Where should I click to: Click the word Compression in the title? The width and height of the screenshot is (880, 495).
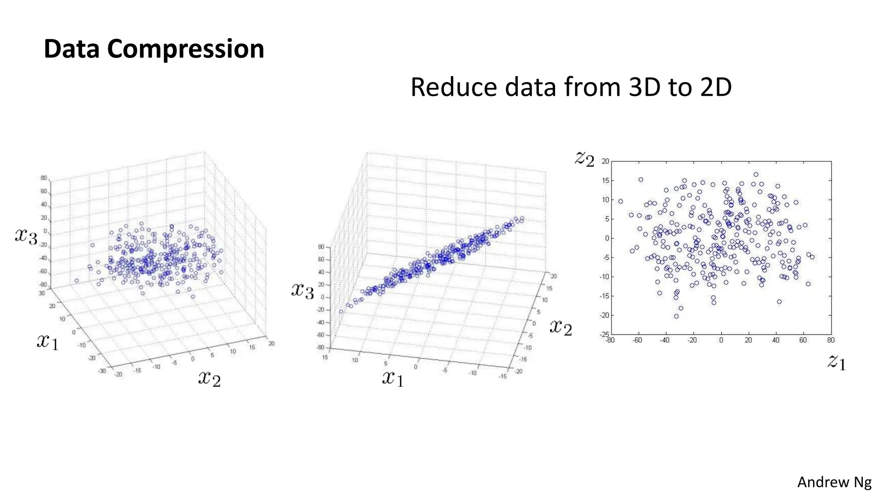[185, 49]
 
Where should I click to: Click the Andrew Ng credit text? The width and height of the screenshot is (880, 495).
[834, 482]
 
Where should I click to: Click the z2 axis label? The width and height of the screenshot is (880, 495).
[584, 159]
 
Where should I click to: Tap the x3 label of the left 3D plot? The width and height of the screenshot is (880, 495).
[26, 235]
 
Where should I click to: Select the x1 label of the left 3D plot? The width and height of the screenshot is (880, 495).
[48, 342]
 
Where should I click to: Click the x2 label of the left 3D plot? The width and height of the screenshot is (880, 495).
[209, 378]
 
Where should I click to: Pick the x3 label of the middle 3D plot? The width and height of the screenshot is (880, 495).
[302, 290]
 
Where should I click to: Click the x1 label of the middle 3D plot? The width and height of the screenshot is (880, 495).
[393, 379]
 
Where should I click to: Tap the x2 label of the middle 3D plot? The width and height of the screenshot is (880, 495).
[560, 327]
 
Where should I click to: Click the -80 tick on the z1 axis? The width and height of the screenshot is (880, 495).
[610, 340]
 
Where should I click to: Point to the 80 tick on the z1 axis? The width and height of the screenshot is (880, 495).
[831, 340]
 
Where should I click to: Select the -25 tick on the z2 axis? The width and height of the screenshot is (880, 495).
[604, 334]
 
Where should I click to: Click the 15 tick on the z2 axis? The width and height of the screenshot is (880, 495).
[605, 180]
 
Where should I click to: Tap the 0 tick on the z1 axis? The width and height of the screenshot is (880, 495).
[721, 340]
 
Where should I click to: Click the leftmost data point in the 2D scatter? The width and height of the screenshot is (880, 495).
[620, 202]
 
